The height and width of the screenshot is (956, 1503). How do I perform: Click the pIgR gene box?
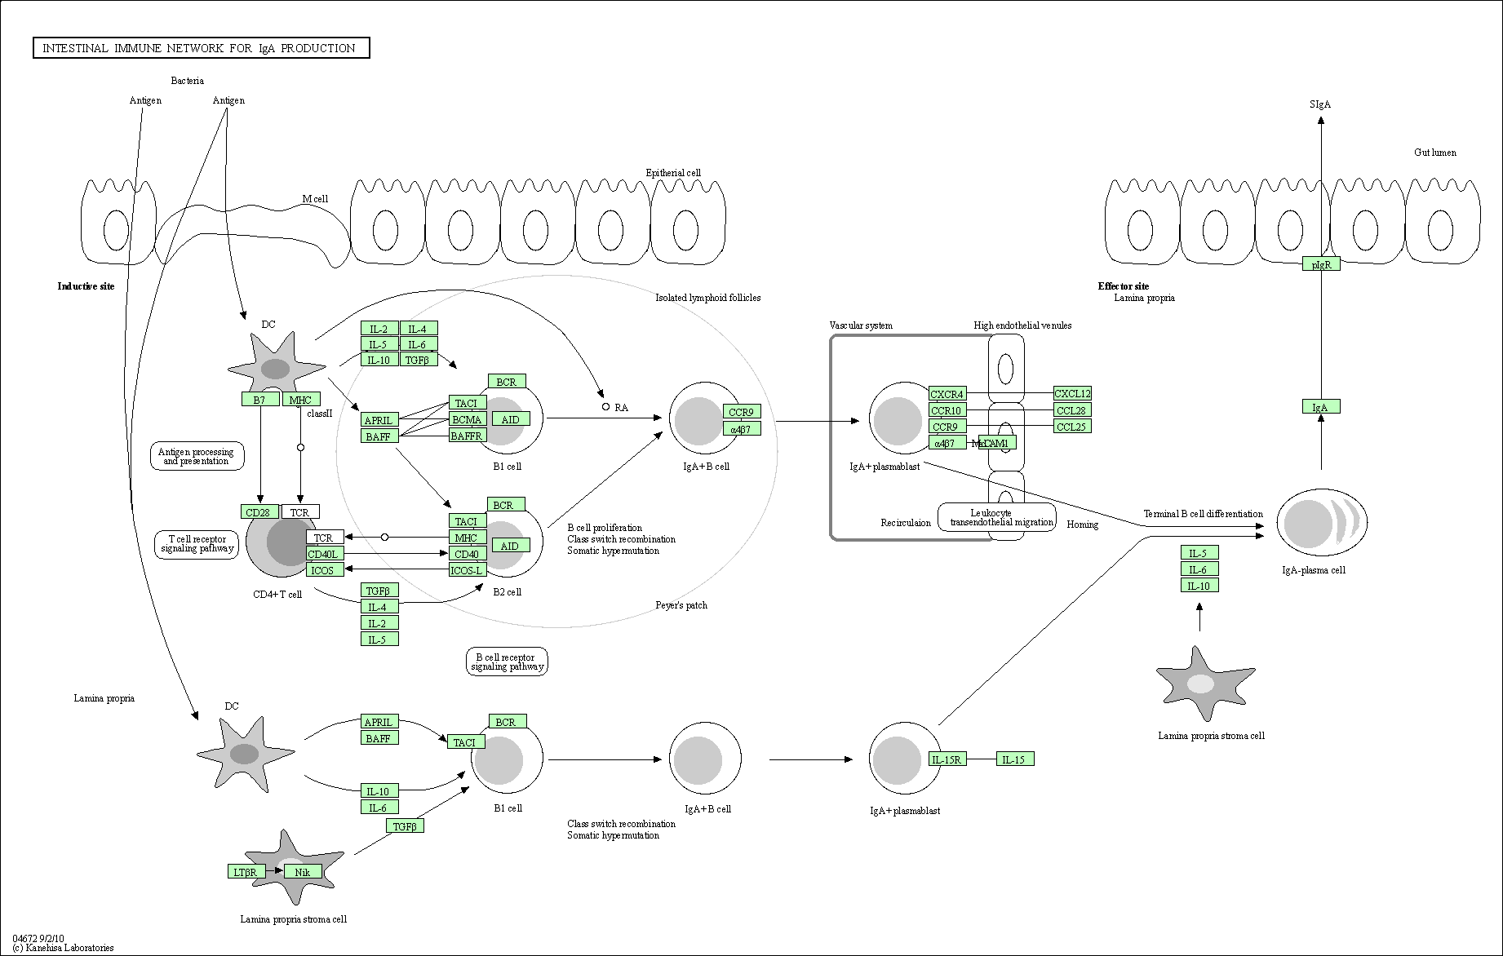[x=1320, y=264]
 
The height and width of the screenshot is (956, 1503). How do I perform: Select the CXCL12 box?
[x=1072, y=394]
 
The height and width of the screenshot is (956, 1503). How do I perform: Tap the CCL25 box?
[x=1072, y=427]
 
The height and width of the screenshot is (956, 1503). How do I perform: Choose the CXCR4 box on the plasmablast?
[x=947, y=395]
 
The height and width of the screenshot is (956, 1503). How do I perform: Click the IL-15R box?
[x=947, y=760]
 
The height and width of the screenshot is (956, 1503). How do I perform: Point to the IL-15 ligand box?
[x=1014, y=760]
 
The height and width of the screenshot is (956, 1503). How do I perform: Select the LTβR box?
[x=246, y=872]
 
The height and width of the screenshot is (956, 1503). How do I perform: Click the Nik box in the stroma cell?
[x=303, y=872]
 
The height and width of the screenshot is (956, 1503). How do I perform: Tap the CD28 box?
[x=259, y=512]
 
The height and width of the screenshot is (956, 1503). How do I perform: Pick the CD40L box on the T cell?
[x=324, y=555]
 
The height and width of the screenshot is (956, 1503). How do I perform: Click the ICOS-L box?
[x=468, y=570]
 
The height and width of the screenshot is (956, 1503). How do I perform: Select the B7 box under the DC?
[x=259, y=400]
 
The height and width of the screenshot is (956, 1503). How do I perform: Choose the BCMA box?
[x=468, y=419]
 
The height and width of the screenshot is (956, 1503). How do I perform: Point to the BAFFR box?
[x=468, y=436]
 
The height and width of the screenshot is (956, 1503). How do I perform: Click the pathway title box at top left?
[x=201, y=48]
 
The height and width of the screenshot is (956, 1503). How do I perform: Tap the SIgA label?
[x=1320, y=104]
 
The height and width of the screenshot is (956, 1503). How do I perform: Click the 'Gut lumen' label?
[x=1434, y=153]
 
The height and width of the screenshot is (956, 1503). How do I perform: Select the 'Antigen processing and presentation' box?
[x=196, y=457]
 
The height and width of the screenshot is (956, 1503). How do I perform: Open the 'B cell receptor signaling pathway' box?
[x=507, y=662]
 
